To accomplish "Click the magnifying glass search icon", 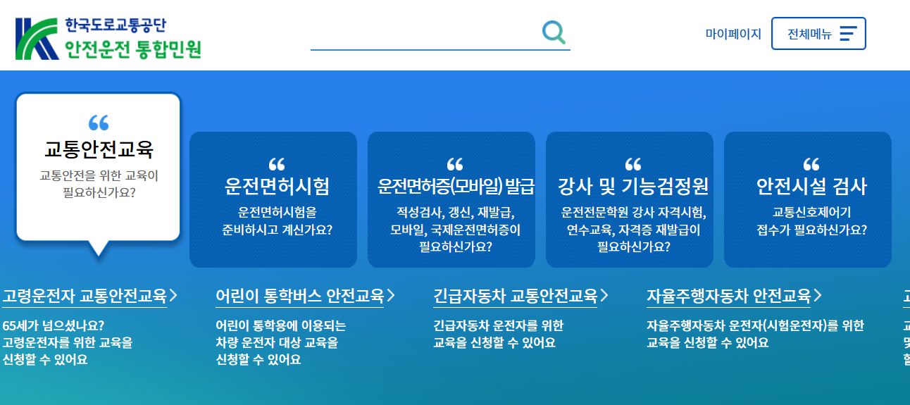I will tap(554, 32).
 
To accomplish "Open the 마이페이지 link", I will tap(733, 34).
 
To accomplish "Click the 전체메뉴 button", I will tap(818, 34).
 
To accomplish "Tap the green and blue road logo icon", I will tap(36, 38).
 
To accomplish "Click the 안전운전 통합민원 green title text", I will tap(133, 49).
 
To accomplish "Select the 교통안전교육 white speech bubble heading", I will tap(99, 149).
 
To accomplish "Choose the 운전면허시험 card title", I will tap(277, 186).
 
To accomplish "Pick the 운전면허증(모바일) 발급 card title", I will tap(456, 186).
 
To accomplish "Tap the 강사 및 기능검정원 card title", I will tap(632, 186).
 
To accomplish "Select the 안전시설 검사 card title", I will tap(811, 186).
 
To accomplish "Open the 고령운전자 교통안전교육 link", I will tap(85, 295).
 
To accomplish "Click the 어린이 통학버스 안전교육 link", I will tap(300, 295).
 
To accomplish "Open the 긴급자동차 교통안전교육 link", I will tap(516, 295).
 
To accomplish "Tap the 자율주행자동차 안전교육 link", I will tap(729, 295).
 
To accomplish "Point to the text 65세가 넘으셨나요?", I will tap(54, 325).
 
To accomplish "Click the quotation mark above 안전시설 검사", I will tap(811, 164).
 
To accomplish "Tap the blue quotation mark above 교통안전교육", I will tap(99, 123).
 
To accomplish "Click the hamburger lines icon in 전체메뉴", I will tap(848, 34).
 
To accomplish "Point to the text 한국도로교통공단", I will tap(115, 26).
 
